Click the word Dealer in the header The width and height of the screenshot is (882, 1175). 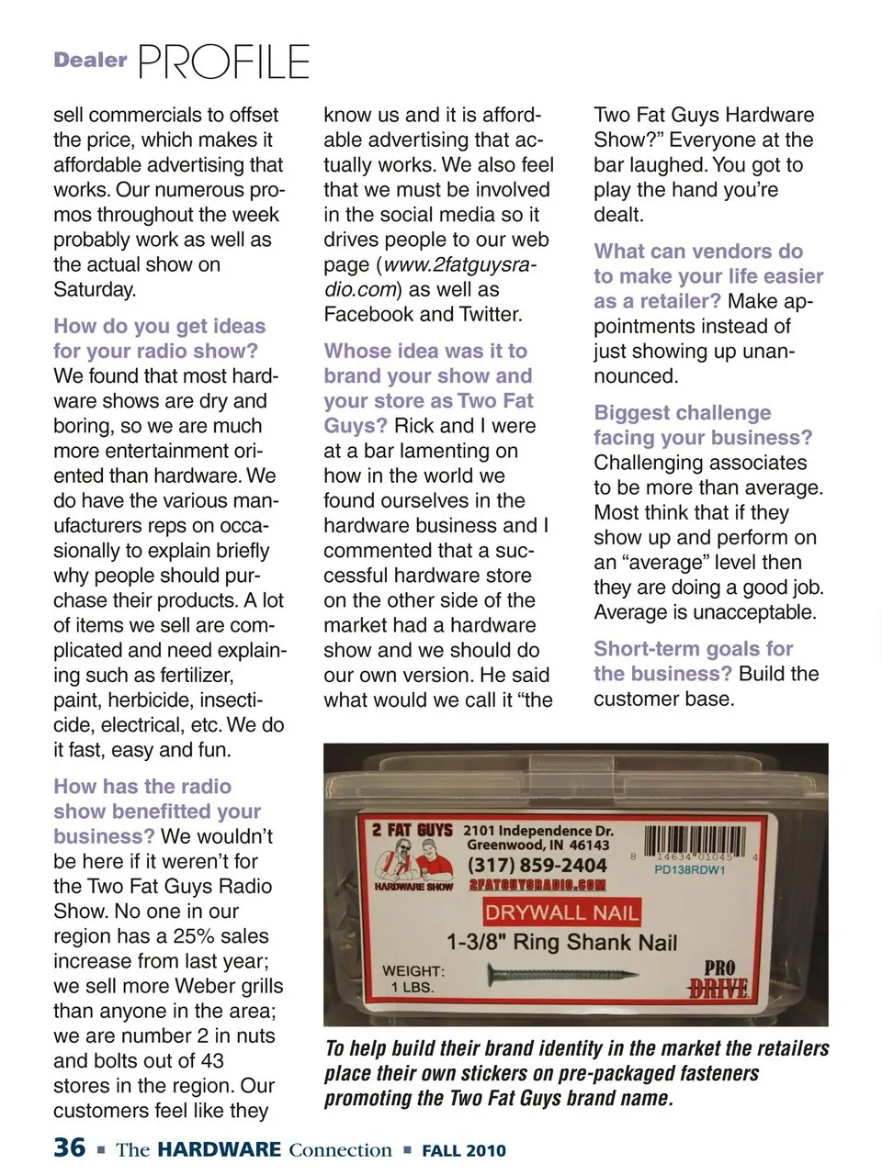[x=90, y=61]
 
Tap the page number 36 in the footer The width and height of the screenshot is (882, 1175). [x=70, y=1147]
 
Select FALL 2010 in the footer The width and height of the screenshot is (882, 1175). [x=464, y=1150]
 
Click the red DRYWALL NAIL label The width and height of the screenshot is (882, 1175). [x=561, y=912]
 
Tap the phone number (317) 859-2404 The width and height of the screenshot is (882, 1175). [x=537, y=865]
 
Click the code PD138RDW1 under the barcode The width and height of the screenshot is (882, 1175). [x=690, y=869]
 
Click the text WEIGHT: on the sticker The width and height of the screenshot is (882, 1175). [x=413, y=970]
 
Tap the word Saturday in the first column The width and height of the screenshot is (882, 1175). [x=95, y=289]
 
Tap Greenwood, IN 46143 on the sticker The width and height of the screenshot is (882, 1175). [x=537, y=845]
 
